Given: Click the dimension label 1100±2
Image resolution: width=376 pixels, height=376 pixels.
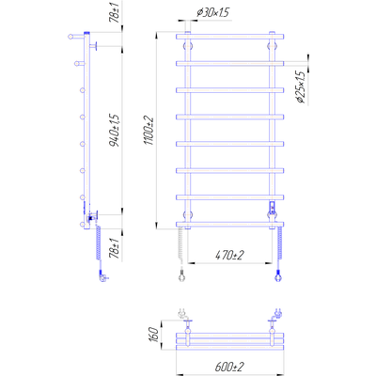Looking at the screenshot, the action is tap(149, 131).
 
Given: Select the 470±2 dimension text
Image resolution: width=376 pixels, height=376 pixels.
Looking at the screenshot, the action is tap(229, 256).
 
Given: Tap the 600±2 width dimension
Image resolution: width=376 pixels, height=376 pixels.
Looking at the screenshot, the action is tap(229, 367).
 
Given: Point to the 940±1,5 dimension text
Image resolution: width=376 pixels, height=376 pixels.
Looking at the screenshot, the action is tap(115, 131).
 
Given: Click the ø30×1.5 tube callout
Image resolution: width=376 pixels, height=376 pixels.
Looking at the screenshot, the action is tap(212, 12).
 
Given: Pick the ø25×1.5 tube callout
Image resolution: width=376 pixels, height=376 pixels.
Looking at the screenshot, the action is tap(300, 87).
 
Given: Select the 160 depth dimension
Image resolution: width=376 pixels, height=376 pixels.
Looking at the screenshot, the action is tap(153, 335).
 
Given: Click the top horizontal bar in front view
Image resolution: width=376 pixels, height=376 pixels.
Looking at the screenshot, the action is tap(230, 37).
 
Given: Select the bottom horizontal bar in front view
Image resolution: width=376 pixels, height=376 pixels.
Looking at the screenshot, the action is tap(230, 224).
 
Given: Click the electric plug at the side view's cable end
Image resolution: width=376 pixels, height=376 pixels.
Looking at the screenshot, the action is tap(102, 277).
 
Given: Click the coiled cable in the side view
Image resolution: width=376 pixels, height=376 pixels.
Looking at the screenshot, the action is tap(99, 243).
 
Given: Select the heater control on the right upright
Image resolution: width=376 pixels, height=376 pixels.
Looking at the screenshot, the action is tap(272, 209).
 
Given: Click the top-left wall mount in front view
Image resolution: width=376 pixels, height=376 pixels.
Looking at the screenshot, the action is tap(188, 47).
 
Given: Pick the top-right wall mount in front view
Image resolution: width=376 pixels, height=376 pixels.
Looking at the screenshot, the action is tap(272, 47).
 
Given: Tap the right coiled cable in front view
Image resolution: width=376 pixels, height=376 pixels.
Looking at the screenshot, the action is tap(280, 243).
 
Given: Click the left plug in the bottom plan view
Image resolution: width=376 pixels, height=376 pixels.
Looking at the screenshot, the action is tap(181, 313).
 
